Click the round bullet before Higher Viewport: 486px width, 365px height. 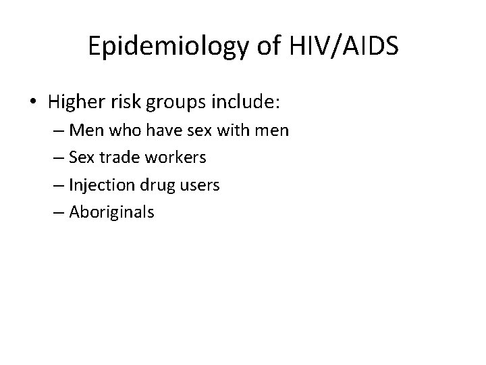pos(34,103)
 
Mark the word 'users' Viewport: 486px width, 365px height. pos(201,185)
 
